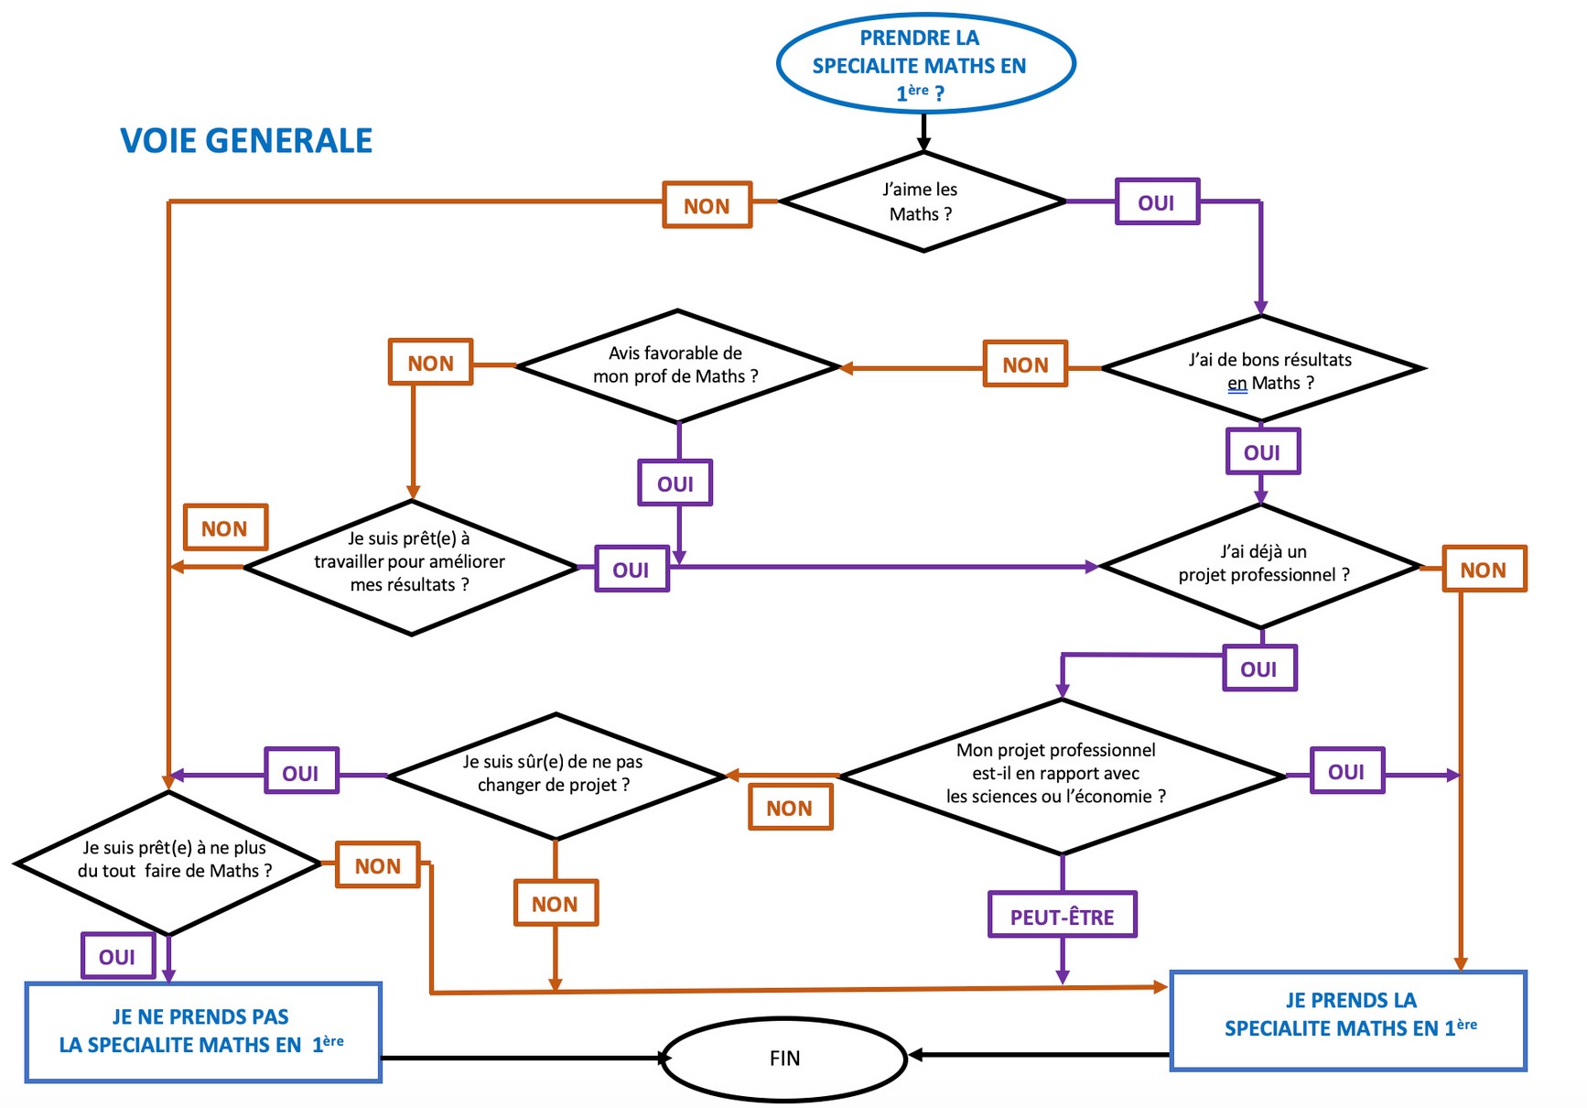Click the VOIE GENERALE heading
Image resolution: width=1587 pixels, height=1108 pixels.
tap(246, 141)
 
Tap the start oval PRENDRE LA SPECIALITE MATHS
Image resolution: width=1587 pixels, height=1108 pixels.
tap(924, 64)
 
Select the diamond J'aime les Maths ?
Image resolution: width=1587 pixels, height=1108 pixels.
tap(923, 201)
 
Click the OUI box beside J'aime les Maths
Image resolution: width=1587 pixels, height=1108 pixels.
tap(1157, 202)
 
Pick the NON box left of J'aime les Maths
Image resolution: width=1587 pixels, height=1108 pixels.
tap(707, 205)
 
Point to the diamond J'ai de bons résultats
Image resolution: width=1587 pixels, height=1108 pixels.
tap(1263, 369)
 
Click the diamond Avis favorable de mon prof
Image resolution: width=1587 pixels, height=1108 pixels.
tap(677, 365)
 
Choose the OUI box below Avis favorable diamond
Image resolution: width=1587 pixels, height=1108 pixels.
tap(675, 483)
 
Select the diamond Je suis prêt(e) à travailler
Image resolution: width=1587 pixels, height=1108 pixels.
tap(411, 567)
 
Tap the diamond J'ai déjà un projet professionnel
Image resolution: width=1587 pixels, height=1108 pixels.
tap(1261, 565)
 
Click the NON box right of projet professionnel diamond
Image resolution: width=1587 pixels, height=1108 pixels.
tap(1484, 570)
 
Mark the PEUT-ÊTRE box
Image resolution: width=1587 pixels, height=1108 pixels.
tap(1062, 916)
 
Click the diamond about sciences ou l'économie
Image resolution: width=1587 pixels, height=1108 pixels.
tap(1062, 776)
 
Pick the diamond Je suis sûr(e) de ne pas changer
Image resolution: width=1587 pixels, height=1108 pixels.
tap(556, 776)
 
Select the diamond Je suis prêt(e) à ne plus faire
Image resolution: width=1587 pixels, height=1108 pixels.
tap(169, 862)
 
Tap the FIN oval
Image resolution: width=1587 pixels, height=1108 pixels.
tap(784, 1059)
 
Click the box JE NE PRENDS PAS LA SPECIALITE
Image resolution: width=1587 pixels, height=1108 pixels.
tap(203, 1032)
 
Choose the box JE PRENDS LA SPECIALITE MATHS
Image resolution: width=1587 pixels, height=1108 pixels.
tap(1348, 1019)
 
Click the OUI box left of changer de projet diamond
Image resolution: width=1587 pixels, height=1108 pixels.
tap(301, 772)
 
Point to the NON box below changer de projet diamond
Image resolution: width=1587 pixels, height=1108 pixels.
tap(556, 904)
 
